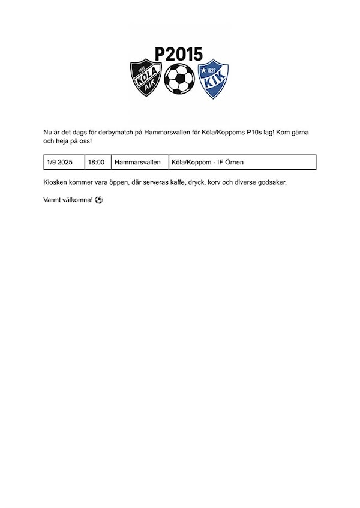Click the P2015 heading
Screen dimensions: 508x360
coord(178,54)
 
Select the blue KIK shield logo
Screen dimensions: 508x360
coord(213,79)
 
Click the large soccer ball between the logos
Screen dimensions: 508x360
coord(179,79)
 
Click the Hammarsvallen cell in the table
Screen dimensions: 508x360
coord(137,163)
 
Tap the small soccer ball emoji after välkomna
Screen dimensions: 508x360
coord(99,199)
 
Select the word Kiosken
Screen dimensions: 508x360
coord(56,182)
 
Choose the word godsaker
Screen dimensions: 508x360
coord(271,182)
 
